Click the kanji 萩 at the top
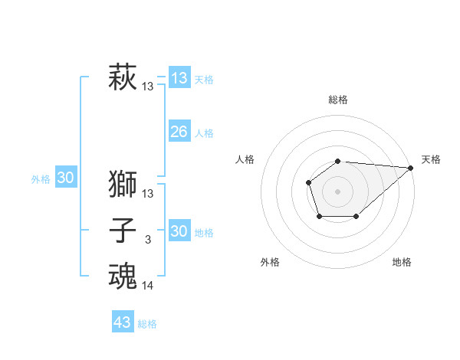coord(123,78)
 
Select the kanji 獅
coord(123,185)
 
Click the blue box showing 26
coord(179,132)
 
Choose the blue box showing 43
coord(123,322)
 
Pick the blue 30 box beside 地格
coord(179,231)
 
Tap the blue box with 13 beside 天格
coord(179,78)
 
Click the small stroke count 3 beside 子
coord(148,241)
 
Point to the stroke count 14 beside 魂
coord(148,286)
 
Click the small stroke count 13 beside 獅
coord(148,194)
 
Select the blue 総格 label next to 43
coord(147,324)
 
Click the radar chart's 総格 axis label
coord(338,100)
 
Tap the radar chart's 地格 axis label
coord(402,263)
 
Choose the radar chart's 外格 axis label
coord(270,263)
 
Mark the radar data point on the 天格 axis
coord(411,168)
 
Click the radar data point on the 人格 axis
coord(308,182)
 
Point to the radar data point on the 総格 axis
coord(338,161)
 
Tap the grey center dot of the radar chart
coord(338,191)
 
